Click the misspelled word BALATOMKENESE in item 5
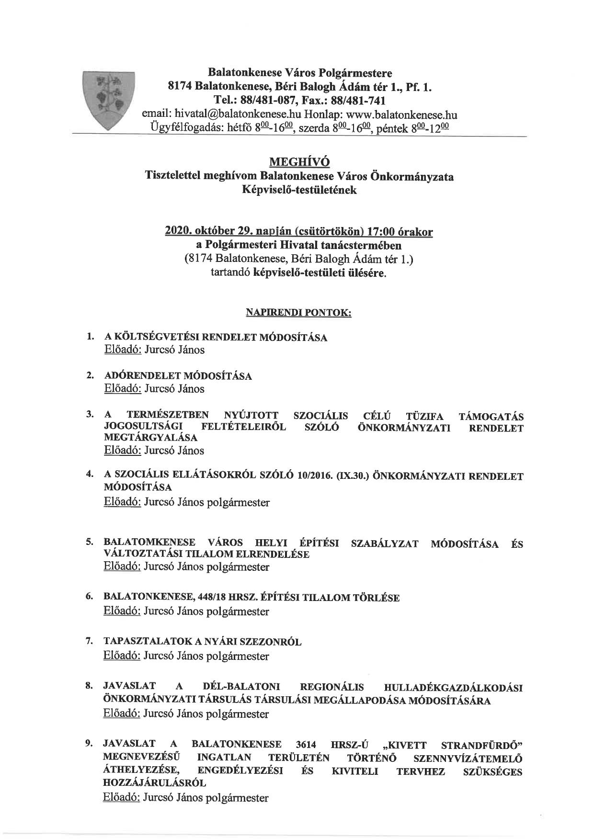(x=149, y=543)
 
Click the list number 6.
(x=89, y=597)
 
